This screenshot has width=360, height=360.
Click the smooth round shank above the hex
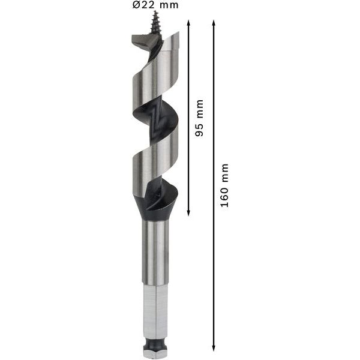(155, 252)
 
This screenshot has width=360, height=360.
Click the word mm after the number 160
(224, 173)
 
